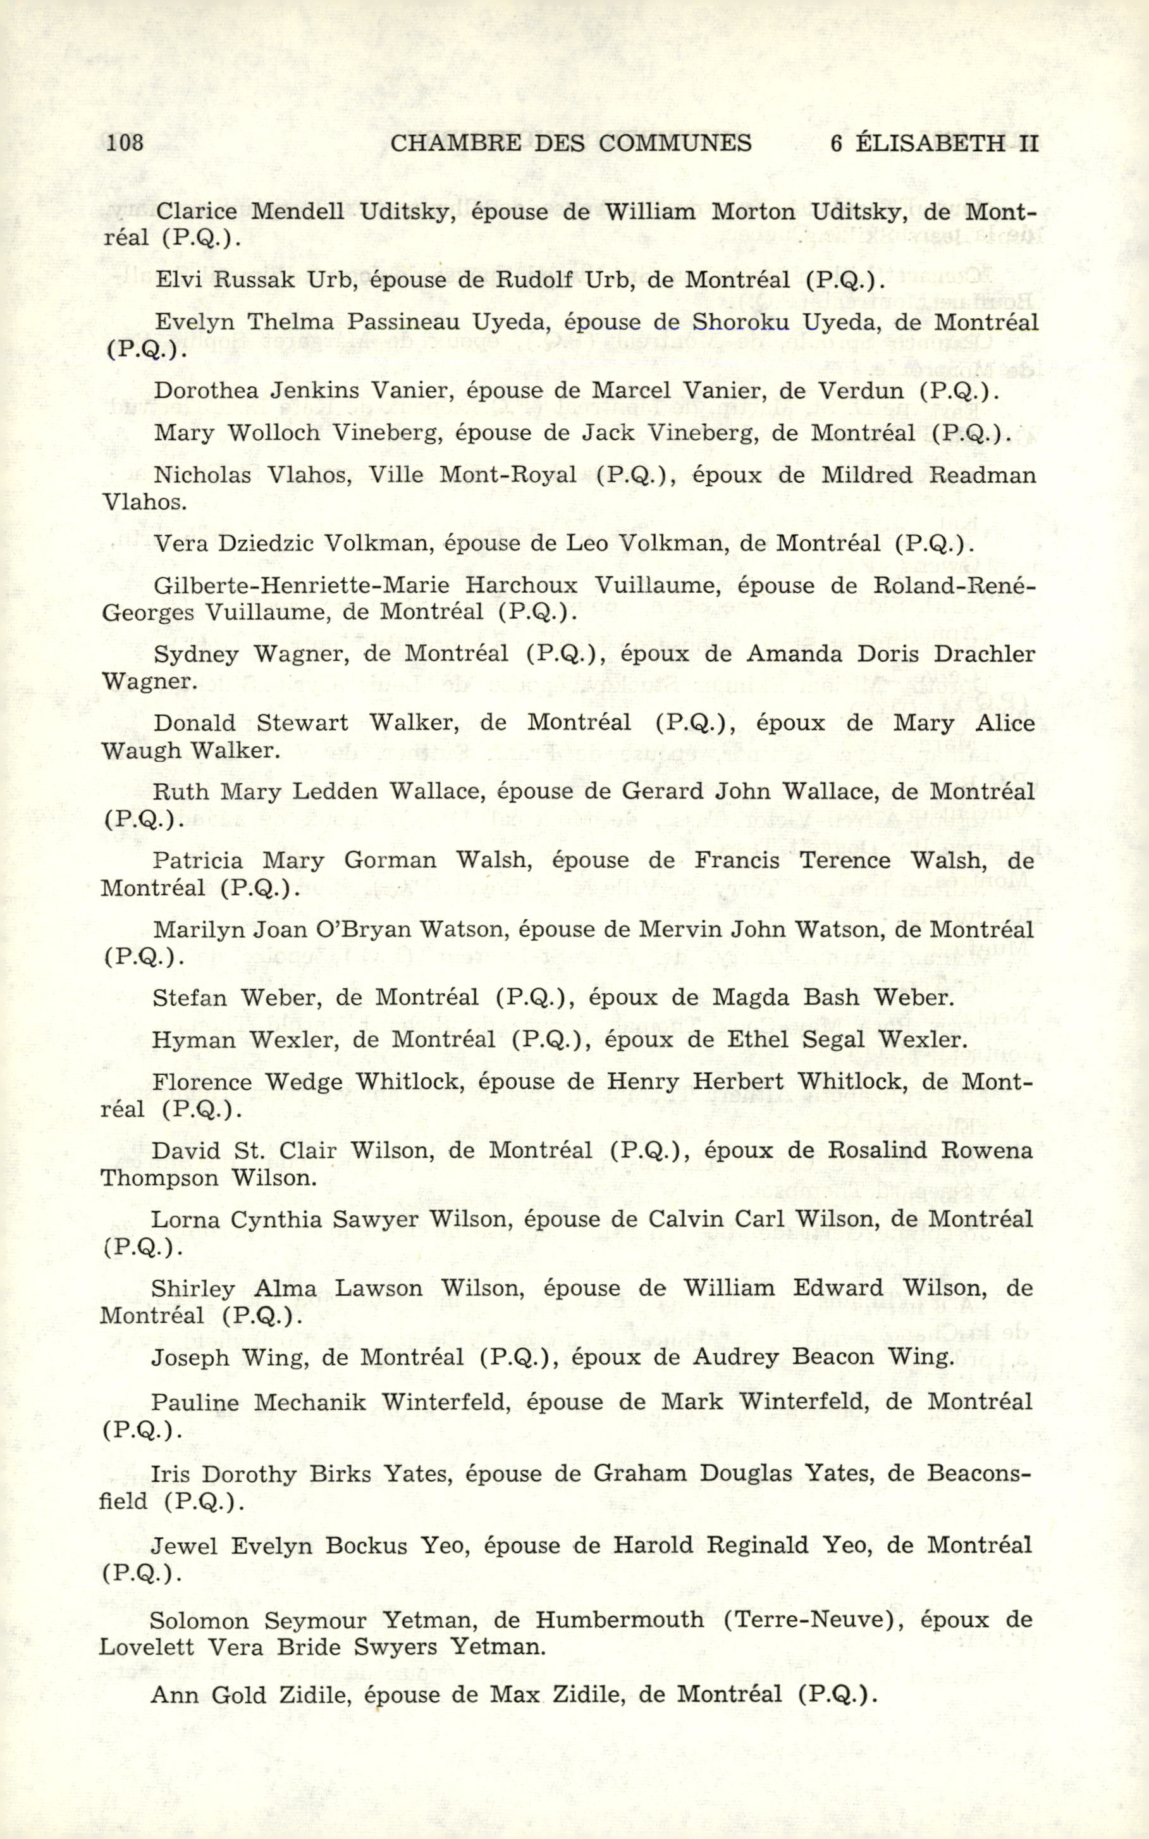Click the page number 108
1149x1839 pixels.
125,143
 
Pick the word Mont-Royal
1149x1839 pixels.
508,475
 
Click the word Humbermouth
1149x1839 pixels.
619,1620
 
